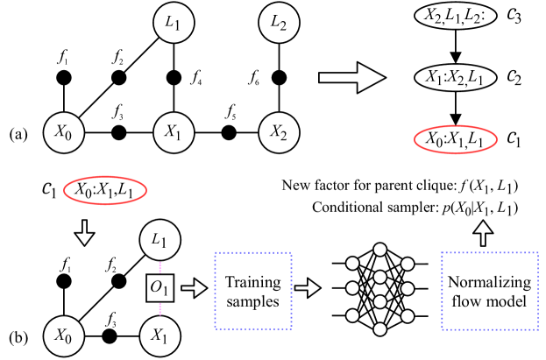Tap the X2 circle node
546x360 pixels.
coord(279,133)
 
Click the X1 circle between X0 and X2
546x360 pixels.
coord(173,133)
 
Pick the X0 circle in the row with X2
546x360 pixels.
coord(63,133)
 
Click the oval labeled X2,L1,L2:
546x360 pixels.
coord(455,17)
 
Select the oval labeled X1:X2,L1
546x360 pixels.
coord(455,78)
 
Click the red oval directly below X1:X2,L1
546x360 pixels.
coord(455,139)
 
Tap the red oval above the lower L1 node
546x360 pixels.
coord(104,189)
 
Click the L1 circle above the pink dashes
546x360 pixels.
coord(160,239)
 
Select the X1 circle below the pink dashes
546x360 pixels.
coord(160,335)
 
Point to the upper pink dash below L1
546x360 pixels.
coord(160,268)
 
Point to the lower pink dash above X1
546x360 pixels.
coord(160,307)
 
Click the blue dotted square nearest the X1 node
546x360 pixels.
coord(253,291)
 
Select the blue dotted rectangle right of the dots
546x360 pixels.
coord(490,291)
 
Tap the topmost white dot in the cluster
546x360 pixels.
coord(379,250)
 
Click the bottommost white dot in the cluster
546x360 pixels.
coord(379,329)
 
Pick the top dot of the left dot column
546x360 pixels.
coord(352,264)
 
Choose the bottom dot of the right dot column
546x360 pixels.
coord(407,315)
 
